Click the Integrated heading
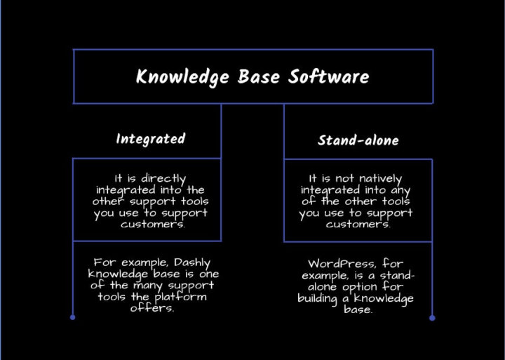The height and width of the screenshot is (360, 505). [x=150, y=139]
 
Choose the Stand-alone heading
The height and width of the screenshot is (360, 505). [x=358, y=140]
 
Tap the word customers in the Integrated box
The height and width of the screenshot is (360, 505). [x=147, y=225]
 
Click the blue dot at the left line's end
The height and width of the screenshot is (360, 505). [x=72, y=318]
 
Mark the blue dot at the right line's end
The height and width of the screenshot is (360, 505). [x=432, y=318]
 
